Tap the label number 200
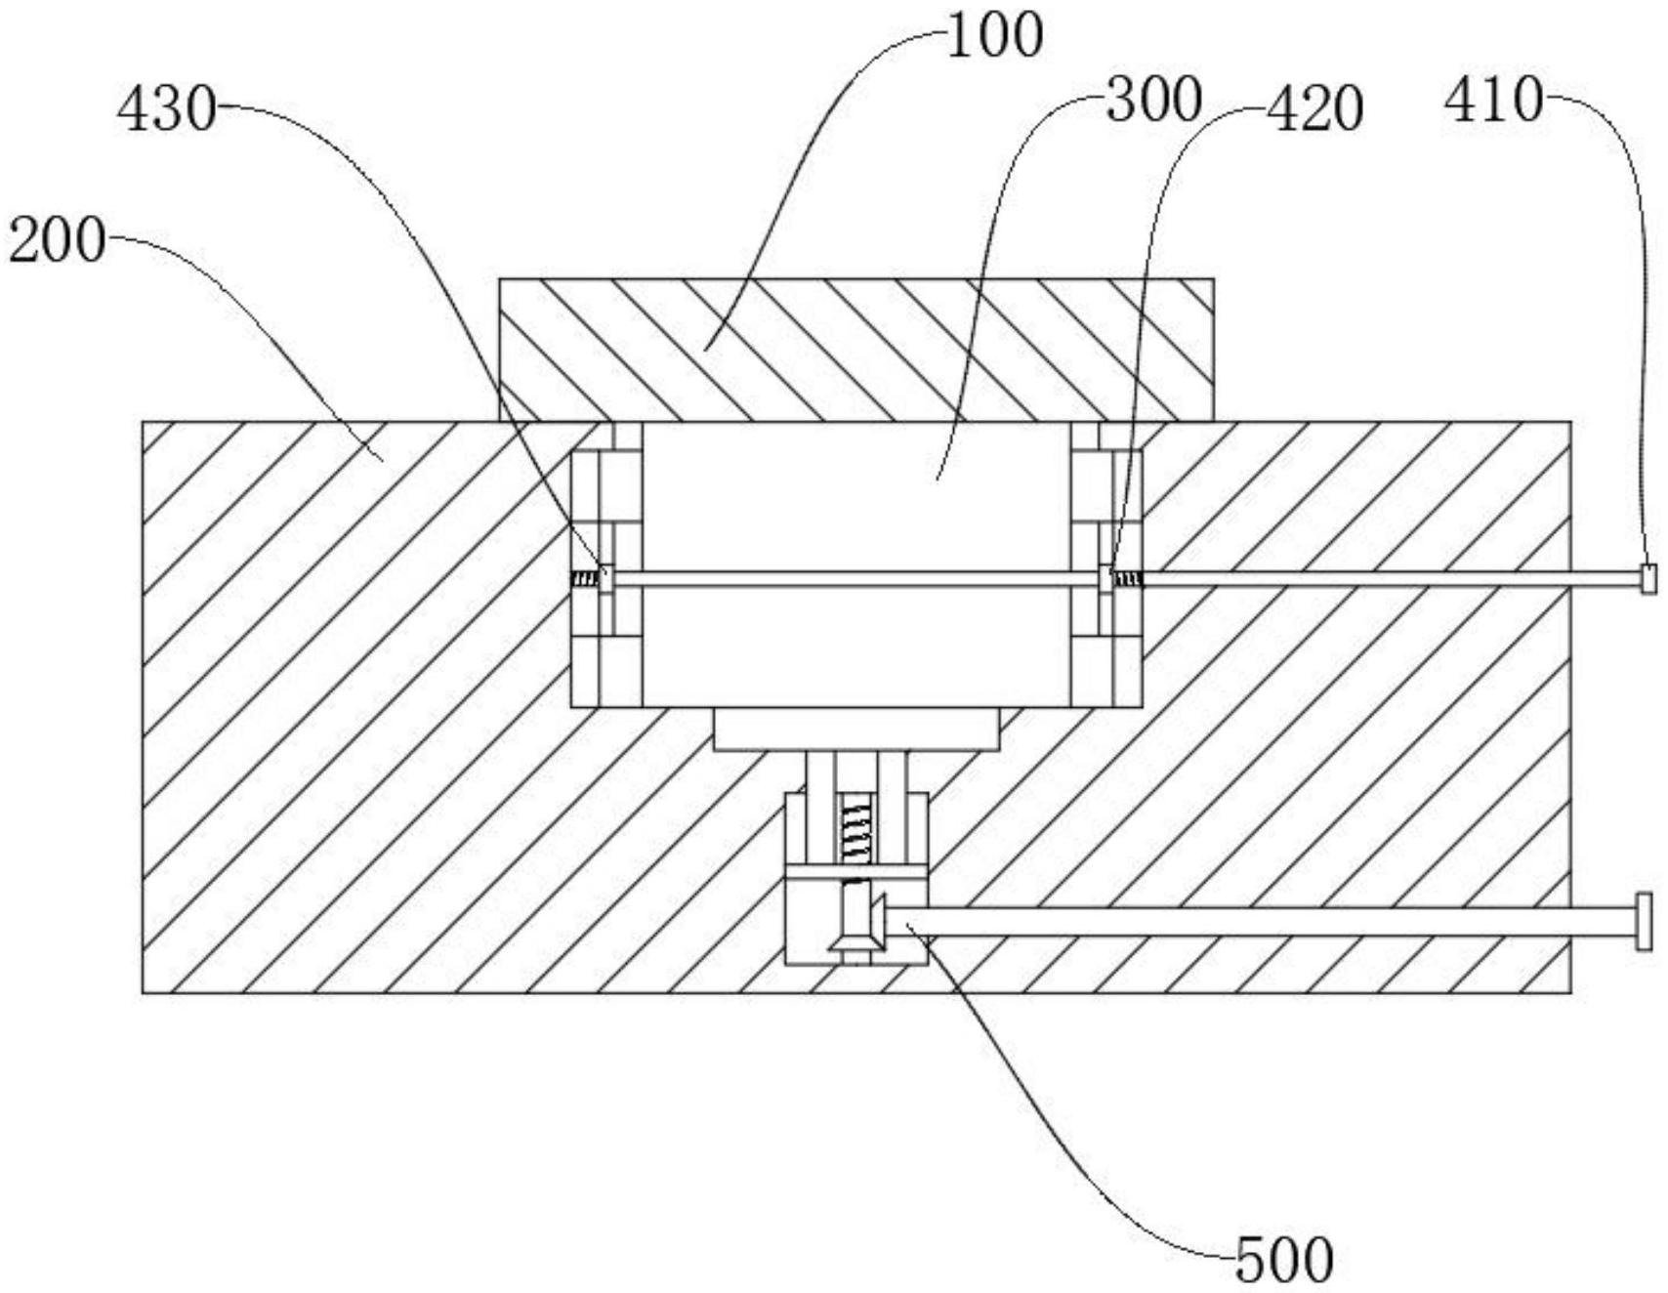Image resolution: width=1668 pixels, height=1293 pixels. pos(56,240)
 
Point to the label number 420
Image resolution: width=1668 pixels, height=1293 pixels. pos(1313,109)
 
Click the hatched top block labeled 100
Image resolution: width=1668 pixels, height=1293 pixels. pos(856,350)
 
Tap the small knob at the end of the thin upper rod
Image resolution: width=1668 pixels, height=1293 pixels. pos(1647,579)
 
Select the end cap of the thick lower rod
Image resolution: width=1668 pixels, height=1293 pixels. pos(1645,921)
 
